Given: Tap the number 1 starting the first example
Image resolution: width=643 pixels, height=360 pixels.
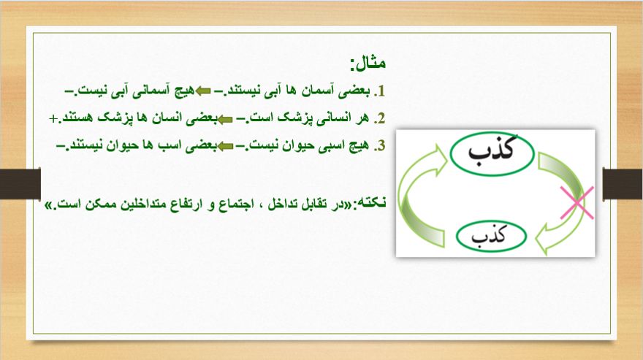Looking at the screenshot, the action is coord(381,91).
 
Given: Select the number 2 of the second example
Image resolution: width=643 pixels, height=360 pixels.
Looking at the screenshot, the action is coord(381,118).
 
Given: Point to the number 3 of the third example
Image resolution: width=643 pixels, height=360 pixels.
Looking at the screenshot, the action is coord(381,145).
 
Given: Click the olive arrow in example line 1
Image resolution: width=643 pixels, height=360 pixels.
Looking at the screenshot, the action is coord(203,91).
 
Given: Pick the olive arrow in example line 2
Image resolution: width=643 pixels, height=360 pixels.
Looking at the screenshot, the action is coord(225,119).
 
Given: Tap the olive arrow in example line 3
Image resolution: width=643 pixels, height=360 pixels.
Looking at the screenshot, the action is coord(225,146).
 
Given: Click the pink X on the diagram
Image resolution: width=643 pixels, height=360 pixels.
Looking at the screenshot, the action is coord(577,202).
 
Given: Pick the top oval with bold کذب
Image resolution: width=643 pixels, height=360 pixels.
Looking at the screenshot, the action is coord(492,153).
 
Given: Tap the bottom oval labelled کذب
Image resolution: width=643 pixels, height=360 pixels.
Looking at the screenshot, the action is coord(491,237).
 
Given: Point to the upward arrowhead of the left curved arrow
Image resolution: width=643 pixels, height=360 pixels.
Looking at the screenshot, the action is coord(440,161).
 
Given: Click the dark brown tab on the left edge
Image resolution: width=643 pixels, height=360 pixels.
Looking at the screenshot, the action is coord(20,184).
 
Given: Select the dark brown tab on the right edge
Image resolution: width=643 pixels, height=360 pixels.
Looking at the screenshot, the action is coord(623,184).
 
